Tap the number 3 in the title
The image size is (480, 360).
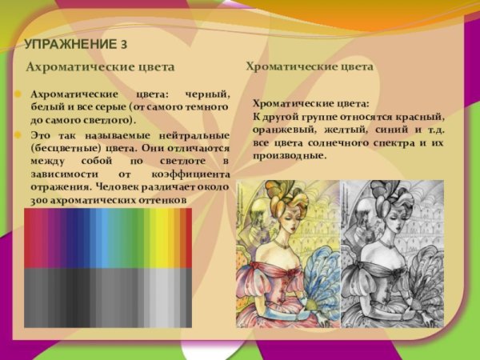[123, 43]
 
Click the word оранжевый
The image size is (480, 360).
[282, 130]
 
